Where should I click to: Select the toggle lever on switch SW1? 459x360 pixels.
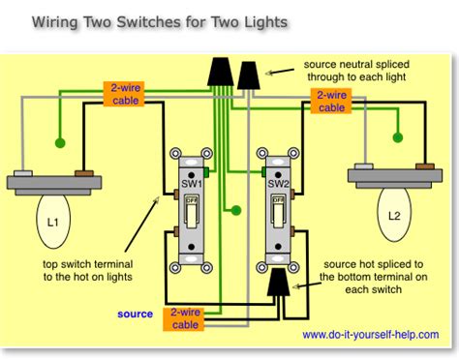click(x=193, y=205)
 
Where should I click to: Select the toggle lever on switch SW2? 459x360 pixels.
click(x=279, y=205)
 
